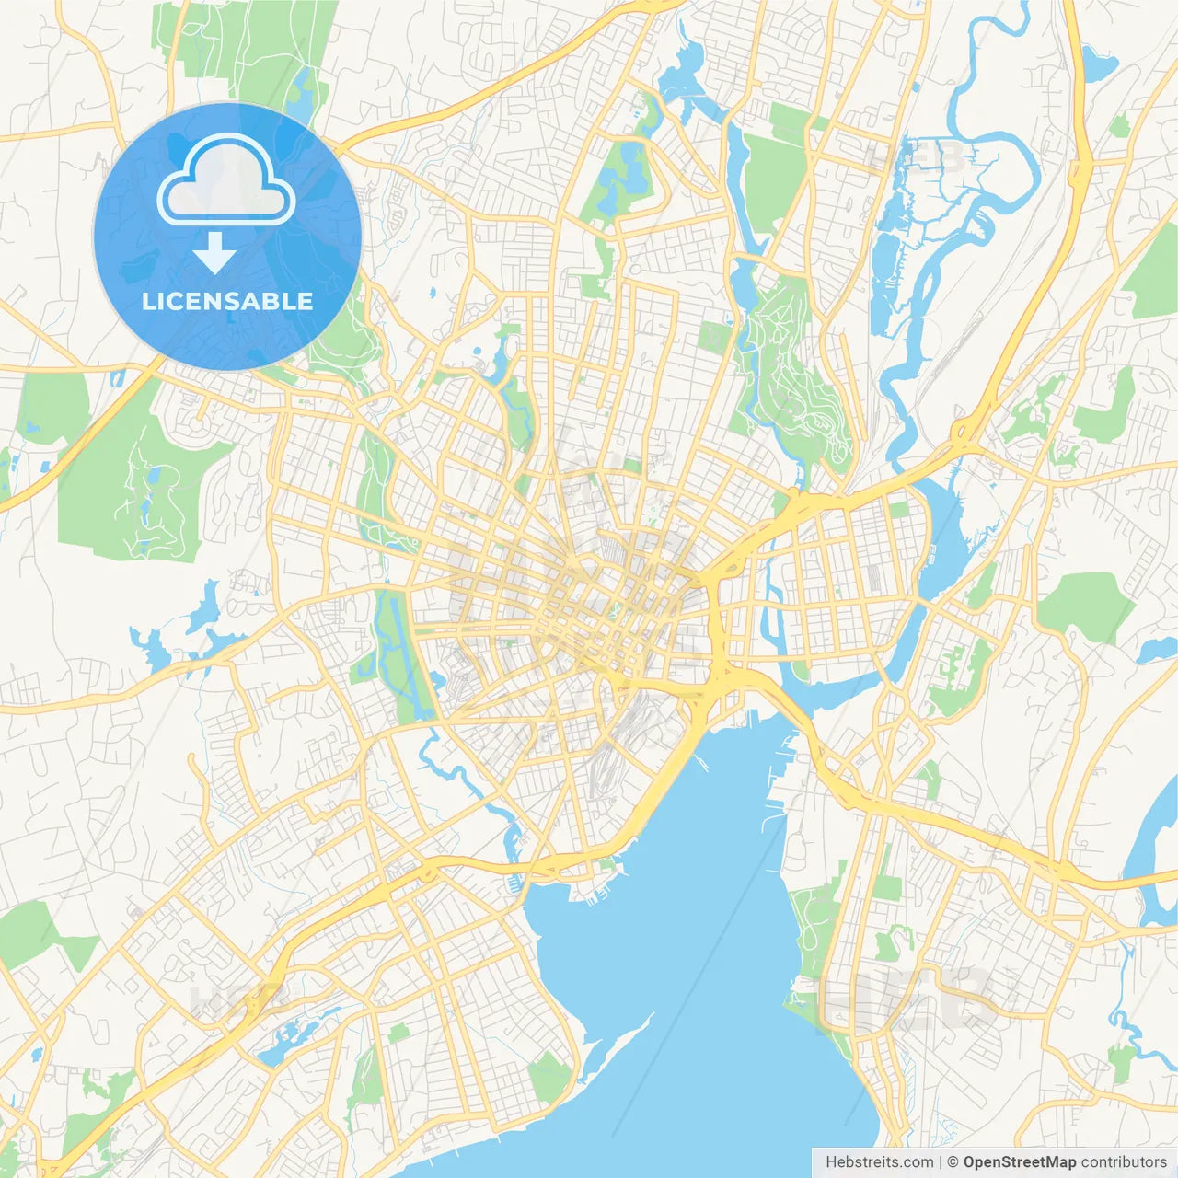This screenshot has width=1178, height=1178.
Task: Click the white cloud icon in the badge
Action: tap(226, 181)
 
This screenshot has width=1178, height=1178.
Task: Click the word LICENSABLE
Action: tap(227, 302)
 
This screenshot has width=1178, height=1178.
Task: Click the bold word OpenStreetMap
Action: tap(1019, 1162)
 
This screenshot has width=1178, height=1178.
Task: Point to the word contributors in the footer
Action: tap(1124, 1162)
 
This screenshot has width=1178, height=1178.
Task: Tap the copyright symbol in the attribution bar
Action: tap(953, 1162)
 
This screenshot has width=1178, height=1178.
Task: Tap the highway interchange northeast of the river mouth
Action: tap(966, 429)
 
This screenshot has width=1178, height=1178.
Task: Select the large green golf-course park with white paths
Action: tap(138, 488)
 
